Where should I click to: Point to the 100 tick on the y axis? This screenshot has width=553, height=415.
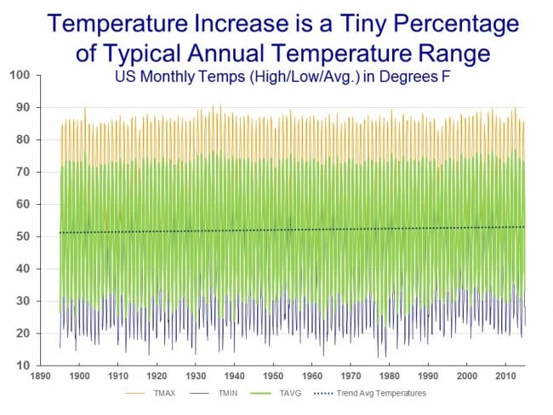pyautogui.click(x=20, y=76)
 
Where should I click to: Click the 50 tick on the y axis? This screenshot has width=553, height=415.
pyautogui.click(x=23, y=237)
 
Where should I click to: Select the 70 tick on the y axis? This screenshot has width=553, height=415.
pyautogui.click(x=23, y=173)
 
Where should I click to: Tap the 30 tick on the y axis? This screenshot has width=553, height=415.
pyautogui.click(x=23, y=302)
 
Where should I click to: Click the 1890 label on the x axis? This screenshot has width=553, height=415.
pyautogui.click(x=42, y=375)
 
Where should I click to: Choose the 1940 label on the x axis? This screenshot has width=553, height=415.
pyautogui.click(x=234, y=375)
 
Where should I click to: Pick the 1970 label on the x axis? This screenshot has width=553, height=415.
pyautogui.click(x=350, y=375)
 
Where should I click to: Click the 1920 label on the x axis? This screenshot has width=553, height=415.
pyautogui.click(x=157, y=375)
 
